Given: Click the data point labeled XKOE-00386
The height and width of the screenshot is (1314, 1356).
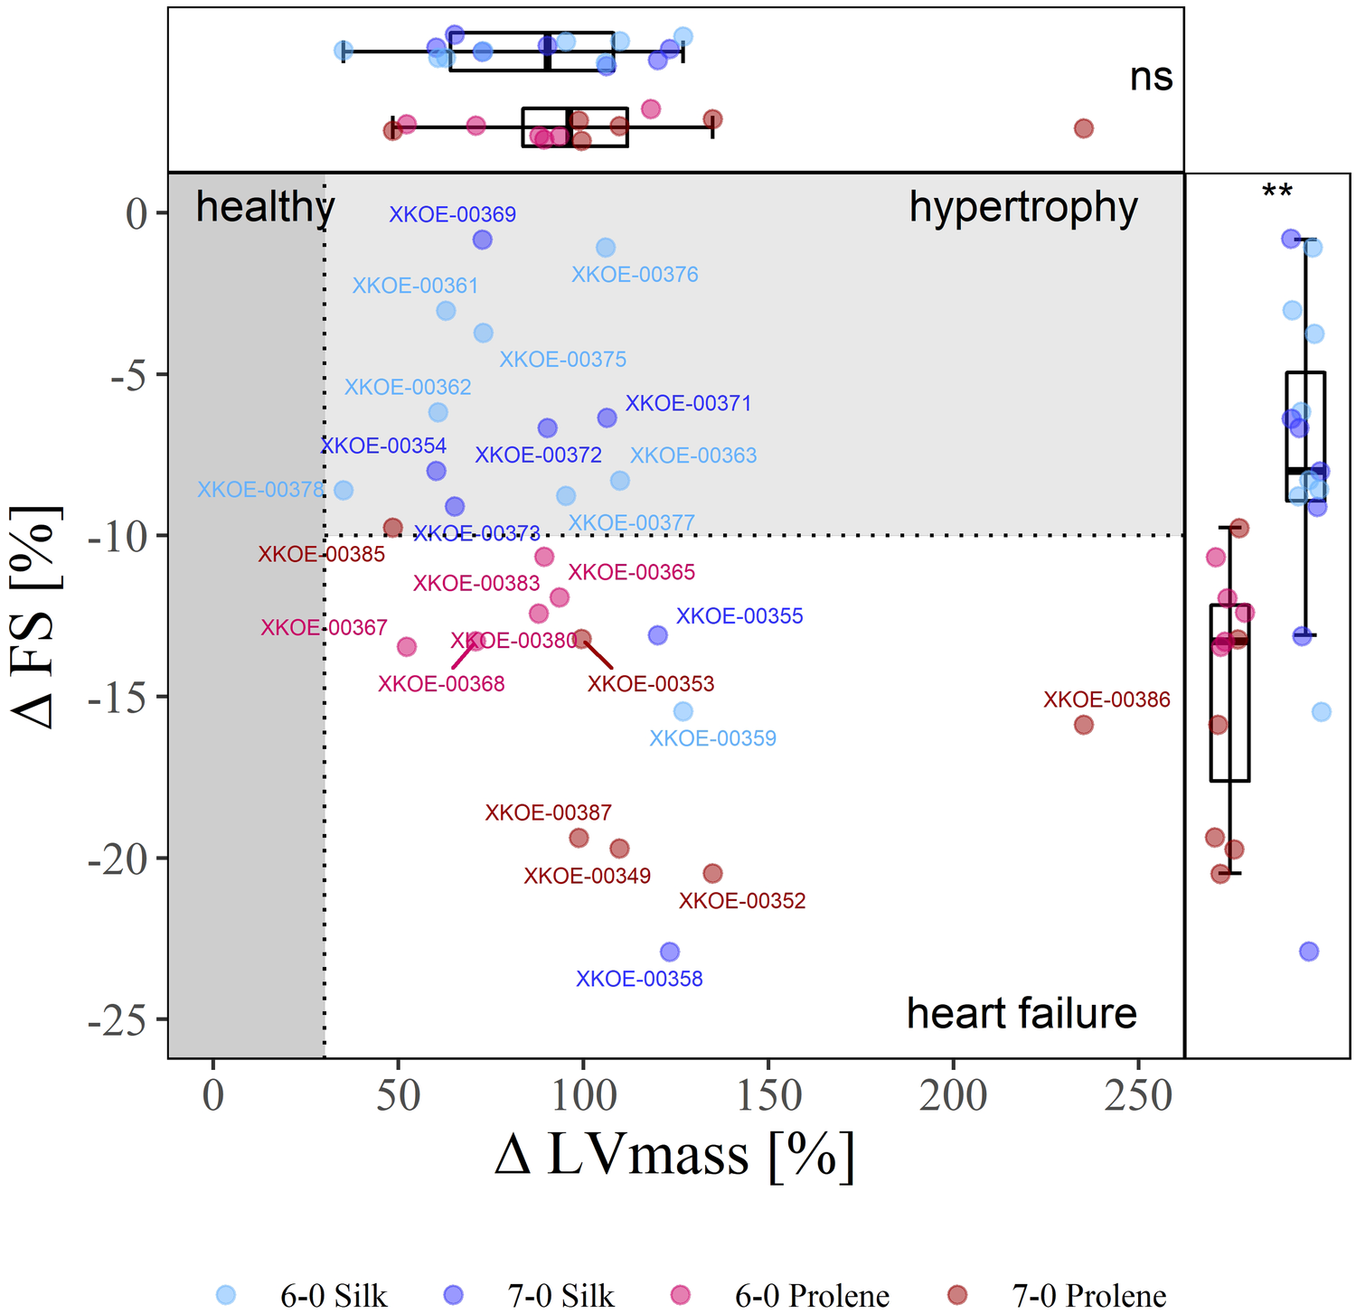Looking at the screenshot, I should coord(1083,725).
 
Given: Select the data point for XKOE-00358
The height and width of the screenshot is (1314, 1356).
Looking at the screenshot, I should coord(670,952).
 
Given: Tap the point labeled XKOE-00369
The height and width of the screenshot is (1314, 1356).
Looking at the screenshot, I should coord(482,239).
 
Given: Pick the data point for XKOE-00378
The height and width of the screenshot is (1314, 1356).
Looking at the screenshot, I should coord(344,490).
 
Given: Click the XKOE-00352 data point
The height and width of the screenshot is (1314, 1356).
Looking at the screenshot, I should coord(712,873).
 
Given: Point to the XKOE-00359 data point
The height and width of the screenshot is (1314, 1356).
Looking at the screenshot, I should coord(683,711).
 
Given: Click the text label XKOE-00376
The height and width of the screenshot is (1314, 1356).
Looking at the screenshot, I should coord(635,274).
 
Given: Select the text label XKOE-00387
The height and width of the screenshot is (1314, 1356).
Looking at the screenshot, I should coord(548,812).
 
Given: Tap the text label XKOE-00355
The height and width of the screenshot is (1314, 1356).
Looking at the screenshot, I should coord(739,616).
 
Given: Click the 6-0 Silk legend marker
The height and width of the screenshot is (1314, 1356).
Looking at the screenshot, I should coord(226,1295).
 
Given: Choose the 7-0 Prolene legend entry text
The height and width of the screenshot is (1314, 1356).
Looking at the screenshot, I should coord(1088,1296).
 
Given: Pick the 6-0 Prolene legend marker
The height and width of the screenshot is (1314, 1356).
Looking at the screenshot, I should coord(680,1295).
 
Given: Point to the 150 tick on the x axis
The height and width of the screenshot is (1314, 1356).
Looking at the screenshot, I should coord(768,1096).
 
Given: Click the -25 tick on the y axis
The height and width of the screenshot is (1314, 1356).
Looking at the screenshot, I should coord(127,1019).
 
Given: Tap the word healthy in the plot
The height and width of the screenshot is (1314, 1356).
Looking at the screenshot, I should coord(265,207).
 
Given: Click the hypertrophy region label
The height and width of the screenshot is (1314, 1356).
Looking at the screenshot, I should coord(1023,207).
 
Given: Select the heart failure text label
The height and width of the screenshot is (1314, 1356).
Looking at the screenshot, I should coord(1022,1013).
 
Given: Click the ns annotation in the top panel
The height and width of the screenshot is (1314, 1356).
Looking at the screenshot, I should coord(1151,77).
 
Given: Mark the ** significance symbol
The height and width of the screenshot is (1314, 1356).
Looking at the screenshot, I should coord(1277,192).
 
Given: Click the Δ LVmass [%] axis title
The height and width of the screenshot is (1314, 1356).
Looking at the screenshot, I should coord(674,1154).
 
